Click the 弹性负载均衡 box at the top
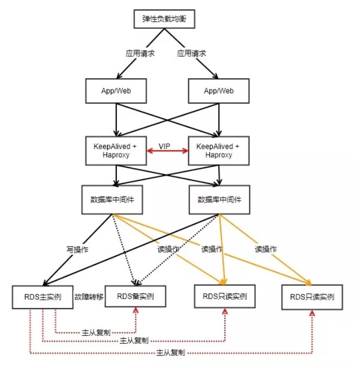coord(164,19)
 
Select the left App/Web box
coord(116,91)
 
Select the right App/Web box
coord(219,91)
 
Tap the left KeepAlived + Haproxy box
coord(116,150)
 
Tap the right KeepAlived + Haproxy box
coord(218,150)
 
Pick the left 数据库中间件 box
coord(112,200)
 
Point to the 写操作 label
coord(77,249)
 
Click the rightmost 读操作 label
coord(265,249)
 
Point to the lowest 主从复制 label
coord(171,353)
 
